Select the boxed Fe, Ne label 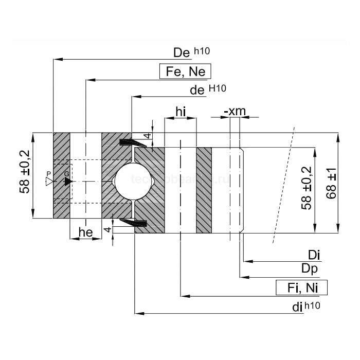[186, 71]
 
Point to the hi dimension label [181, 112]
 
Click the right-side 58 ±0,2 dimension [308, 187]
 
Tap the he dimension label [85, 233]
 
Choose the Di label [314, 255]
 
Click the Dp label [310, 269]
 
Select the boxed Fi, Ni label [302, 287]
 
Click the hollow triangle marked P [49, 182]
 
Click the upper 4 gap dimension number [147, 136]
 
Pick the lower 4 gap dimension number [107, 230]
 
